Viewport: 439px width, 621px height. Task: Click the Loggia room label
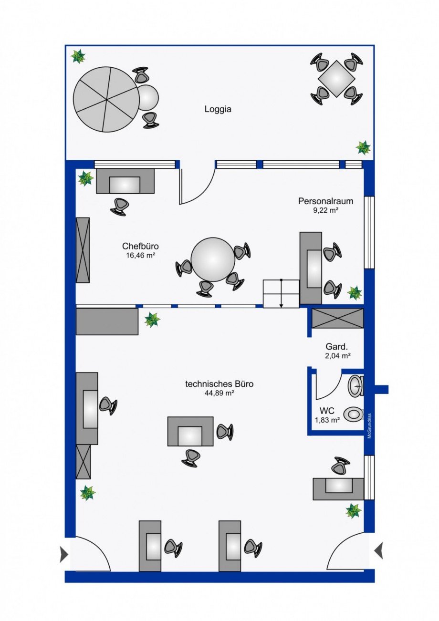pos(218,109)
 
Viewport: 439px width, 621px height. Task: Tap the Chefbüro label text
pos(140,246)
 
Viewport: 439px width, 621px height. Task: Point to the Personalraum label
pos(325,201)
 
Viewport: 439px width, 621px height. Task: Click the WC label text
pos(327,410)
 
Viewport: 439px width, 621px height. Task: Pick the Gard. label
pos(336,347)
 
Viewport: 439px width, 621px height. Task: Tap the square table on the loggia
pos(337,79)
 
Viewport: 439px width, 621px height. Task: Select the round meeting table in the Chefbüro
pos(213,259)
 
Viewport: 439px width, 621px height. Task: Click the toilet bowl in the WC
pos(353,414)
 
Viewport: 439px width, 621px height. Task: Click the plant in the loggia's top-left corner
pos(78,57)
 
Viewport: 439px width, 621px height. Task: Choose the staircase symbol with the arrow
pos(281,294)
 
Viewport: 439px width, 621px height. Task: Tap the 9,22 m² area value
pos(325,210)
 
